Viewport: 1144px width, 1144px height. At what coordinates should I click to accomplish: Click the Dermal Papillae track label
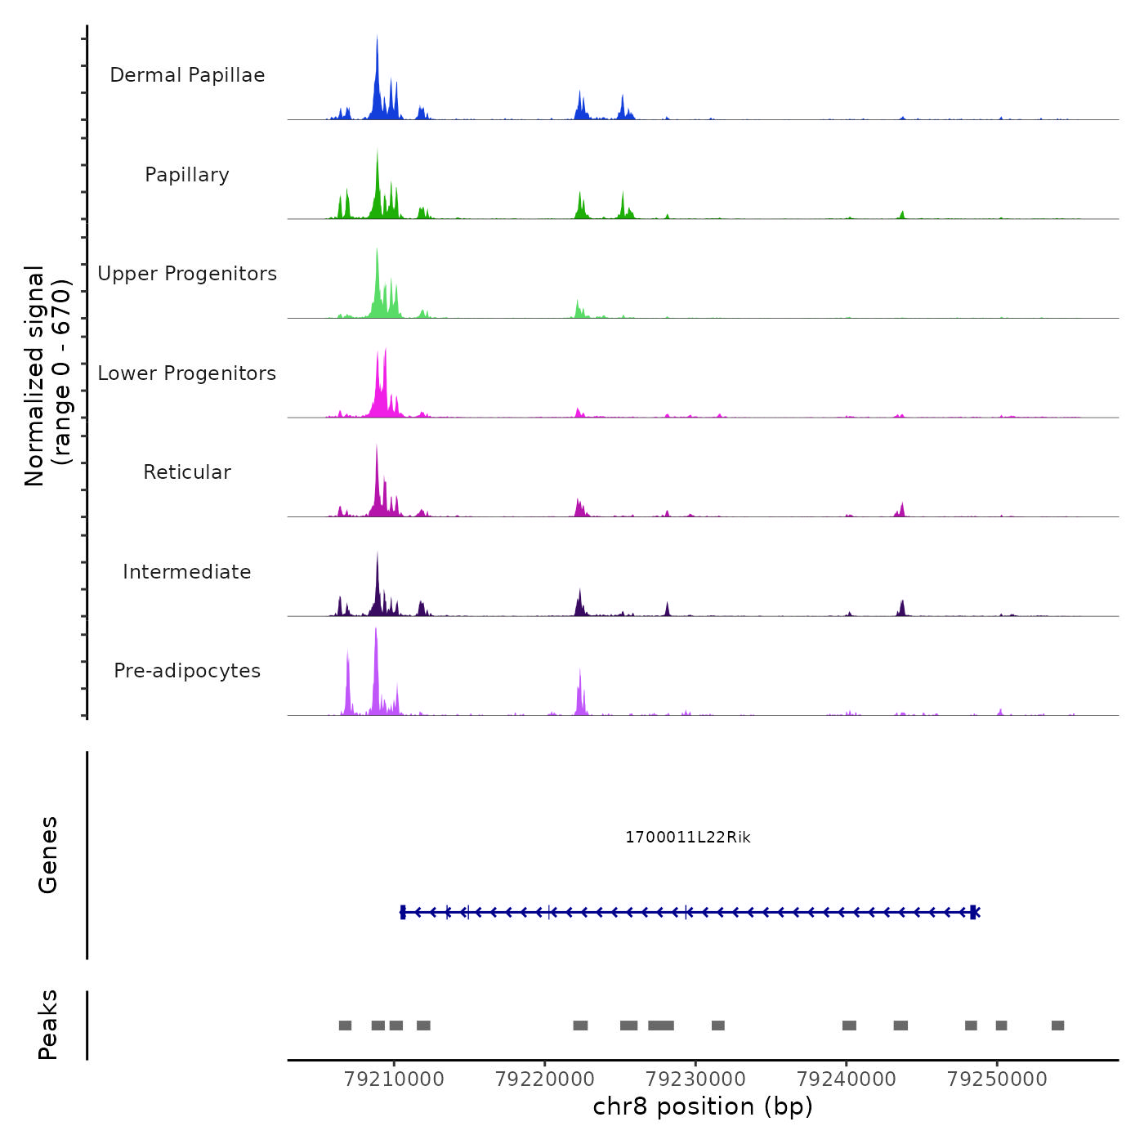pos(187,75)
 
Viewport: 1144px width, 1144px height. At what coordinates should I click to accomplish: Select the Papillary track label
pos(187,175)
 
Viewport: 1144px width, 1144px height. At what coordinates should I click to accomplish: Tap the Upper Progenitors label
pos(187,274)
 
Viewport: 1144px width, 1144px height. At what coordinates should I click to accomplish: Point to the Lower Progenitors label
pos(187,373)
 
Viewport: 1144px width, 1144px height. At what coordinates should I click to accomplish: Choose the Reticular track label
pos(187,472)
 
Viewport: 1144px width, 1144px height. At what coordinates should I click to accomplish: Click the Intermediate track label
pos(187,572)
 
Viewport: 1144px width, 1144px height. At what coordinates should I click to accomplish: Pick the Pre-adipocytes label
pos(187,671)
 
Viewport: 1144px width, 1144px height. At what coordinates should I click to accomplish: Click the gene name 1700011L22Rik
pos(687,838)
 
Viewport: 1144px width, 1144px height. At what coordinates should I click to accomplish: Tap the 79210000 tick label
pos(395,1079)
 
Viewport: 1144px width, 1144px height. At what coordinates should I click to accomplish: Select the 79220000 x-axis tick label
pos(545,1079)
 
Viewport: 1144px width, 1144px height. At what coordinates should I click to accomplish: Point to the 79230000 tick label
pos(695,1079)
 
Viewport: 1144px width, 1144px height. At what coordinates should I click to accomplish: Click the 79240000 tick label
pos(847,1079)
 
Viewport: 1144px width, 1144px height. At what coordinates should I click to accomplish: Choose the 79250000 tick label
pos(997,1079)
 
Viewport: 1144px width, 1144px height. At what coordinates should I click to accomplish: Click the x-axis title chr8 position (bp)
pos(703,1107)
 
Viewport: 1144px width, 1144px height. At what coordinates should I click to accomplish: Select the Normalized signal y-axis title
pos(47,375)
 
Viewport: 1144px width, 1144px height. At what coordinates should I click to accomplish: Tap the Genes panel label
pos(48,855)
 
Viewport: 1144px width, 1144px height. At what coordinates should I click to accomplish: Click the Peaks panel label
pos(48,1025)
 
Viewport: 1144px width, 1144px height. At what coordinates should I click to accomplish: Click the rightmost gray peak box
pos(1057,1026)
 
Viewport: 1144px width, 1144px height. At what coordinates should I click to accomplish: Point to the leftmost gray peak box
pos(345,1026)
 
